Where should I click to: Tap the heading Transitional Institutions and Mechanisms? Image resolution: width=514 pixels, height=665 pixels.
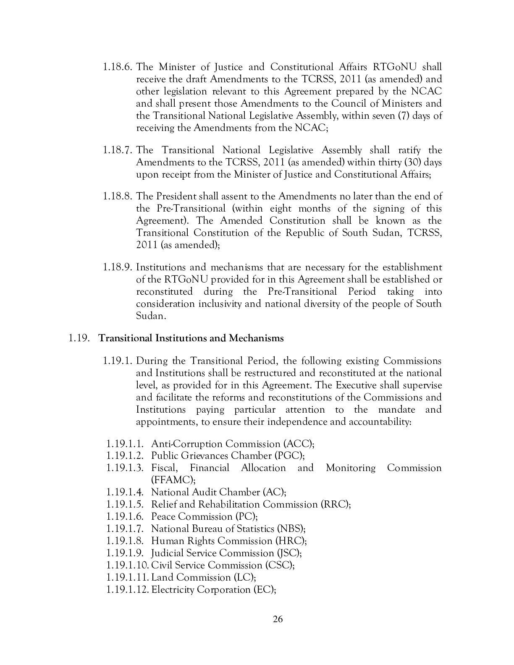[x=191, y=338]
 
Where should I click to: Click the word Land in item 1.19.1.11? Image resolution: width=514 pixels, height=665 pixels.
[x=161, y=578]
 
